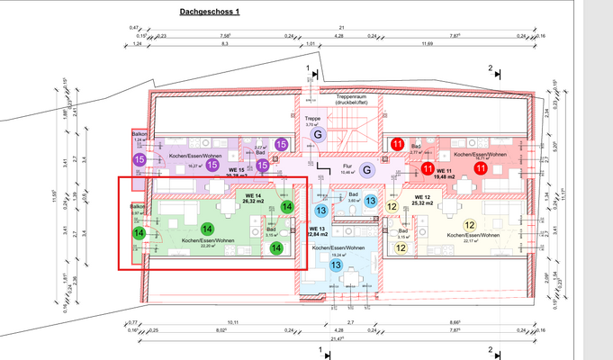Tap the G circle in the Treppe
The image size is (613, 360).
click(317, 135)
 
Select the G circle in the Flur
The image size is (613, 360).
click(366, 169)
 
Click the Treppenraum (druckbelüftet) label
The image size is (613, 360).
click(354, 100)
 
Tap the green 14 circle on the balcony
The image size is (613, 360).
click(139, 233)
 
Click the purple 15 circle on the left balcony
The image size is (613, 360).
click(139, 159)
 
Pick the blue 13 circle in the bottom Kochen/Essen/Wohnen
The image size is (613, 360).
click(335, 265)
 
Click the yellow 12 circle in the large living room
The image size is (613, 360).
click(469, 226)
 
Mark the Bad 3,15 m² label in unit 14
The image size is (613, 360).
click(271, 232)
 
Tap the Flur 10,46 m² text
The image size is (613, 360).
click(347, 168)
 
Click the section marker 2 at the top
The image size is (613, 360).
click(491, 68)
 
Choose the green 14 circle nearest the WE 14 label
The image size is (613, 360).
click(287, 207)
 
